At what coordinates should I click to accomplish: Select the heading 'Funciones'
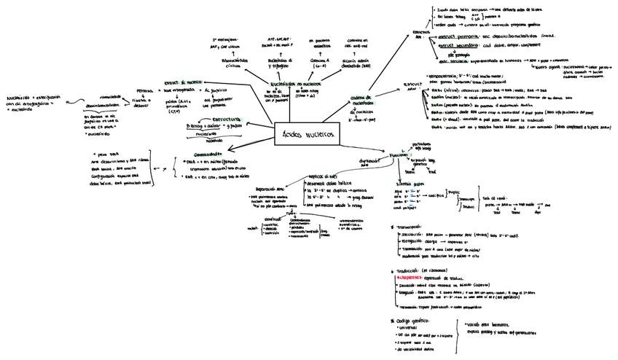[399, 155]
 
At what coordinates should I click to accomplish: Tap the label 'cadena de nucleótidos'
[361, 100]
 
